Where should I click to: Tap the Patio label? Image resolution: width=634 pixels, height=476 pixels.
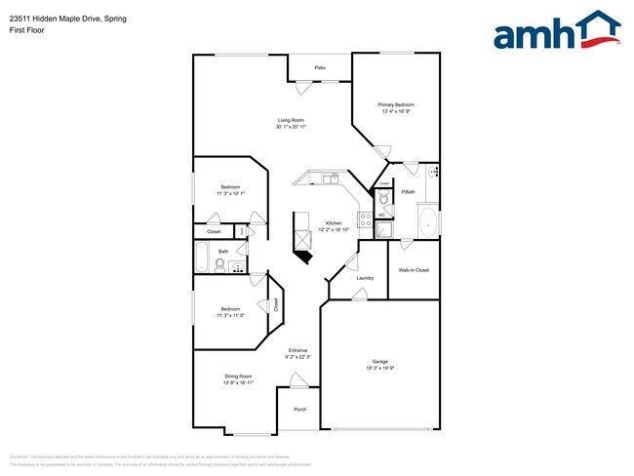coord(320,67)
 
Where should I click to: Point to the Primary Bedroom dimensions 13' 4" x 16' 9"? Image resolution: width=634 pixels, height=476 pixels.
coord(396,111)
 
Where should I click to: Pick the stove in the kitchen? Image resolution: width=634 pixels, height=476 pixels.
coord(365,219)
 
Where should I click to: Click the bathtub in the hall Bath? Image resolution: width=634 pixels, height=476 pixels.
coord(202,259)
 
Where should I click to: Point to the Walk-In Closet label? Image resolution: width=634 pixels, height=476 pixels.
coord(414,270)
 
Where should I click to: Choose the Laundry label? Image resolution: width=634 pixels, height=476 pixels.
coord(365,278)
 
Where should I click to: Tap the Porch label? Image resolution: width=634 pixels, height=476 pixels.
coord(300,409)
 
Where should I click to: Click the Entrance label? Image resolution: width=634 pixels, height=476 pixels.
coord(297,350)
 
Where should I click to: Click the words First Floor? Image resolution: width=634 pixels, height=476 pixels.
coord(25,30)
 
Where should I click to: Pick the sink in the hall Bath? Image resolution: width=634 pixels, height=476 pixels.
coord(235,263)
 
